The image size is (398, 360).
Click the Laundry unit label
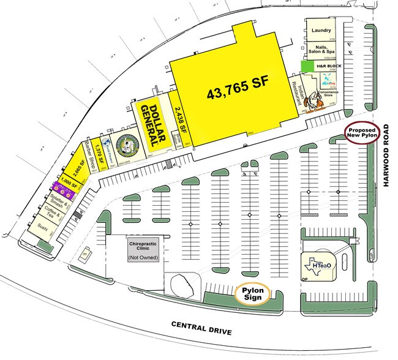321,30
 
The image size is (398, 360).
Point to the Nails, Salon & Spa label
321,49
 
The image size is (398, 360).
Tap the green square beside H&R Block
306,65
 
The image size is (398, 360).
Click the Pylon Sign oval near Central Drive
252,293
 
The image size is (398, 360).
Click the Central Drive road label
201,328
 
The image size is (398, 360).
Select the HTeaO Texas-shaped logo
318,264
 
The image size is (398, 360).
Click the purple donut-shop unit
64,190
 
